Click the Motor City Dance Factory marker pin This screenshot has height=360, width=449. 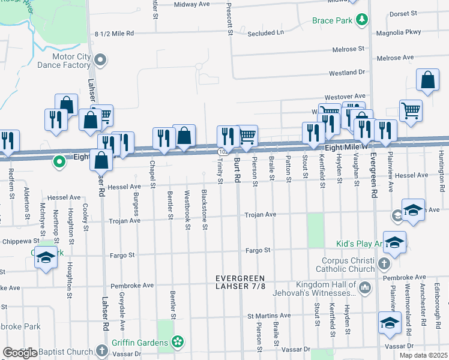[x=101, y=60]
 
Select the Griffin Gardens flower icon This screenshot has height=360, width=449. [x=177, y=343]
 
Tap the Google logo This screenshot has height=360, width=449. [x=20, y=352]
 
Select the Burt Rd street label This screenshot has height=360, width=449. [x=237, y=171]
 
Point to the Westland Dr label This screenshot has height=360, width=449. [x=346, y=73]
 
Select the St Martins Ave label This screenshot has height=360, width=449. [x=269, y=316]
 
